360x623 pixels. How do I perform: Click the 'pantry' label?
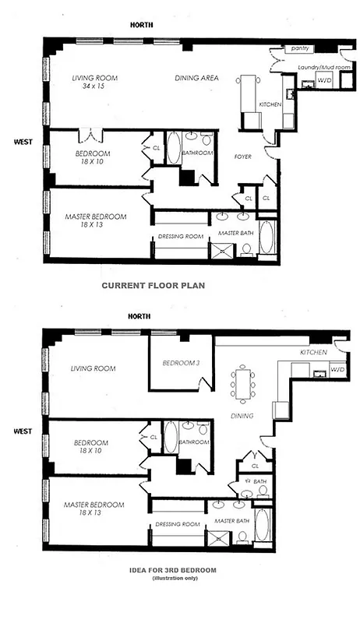300,48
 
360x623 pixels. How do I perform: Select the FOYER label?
244,156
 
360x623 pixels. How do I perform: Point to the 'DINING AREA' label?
196,78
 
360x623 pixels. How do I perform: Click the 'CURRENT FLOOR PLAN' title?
154,285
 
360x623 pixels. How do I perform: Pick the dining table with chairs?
242,384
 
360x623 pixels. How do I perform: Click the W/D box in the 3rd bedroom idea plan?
337,369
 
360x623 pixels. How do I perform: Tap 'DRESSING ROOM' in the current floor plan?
180,235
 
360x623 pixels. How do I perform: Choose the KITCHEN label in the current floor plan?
270,104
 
